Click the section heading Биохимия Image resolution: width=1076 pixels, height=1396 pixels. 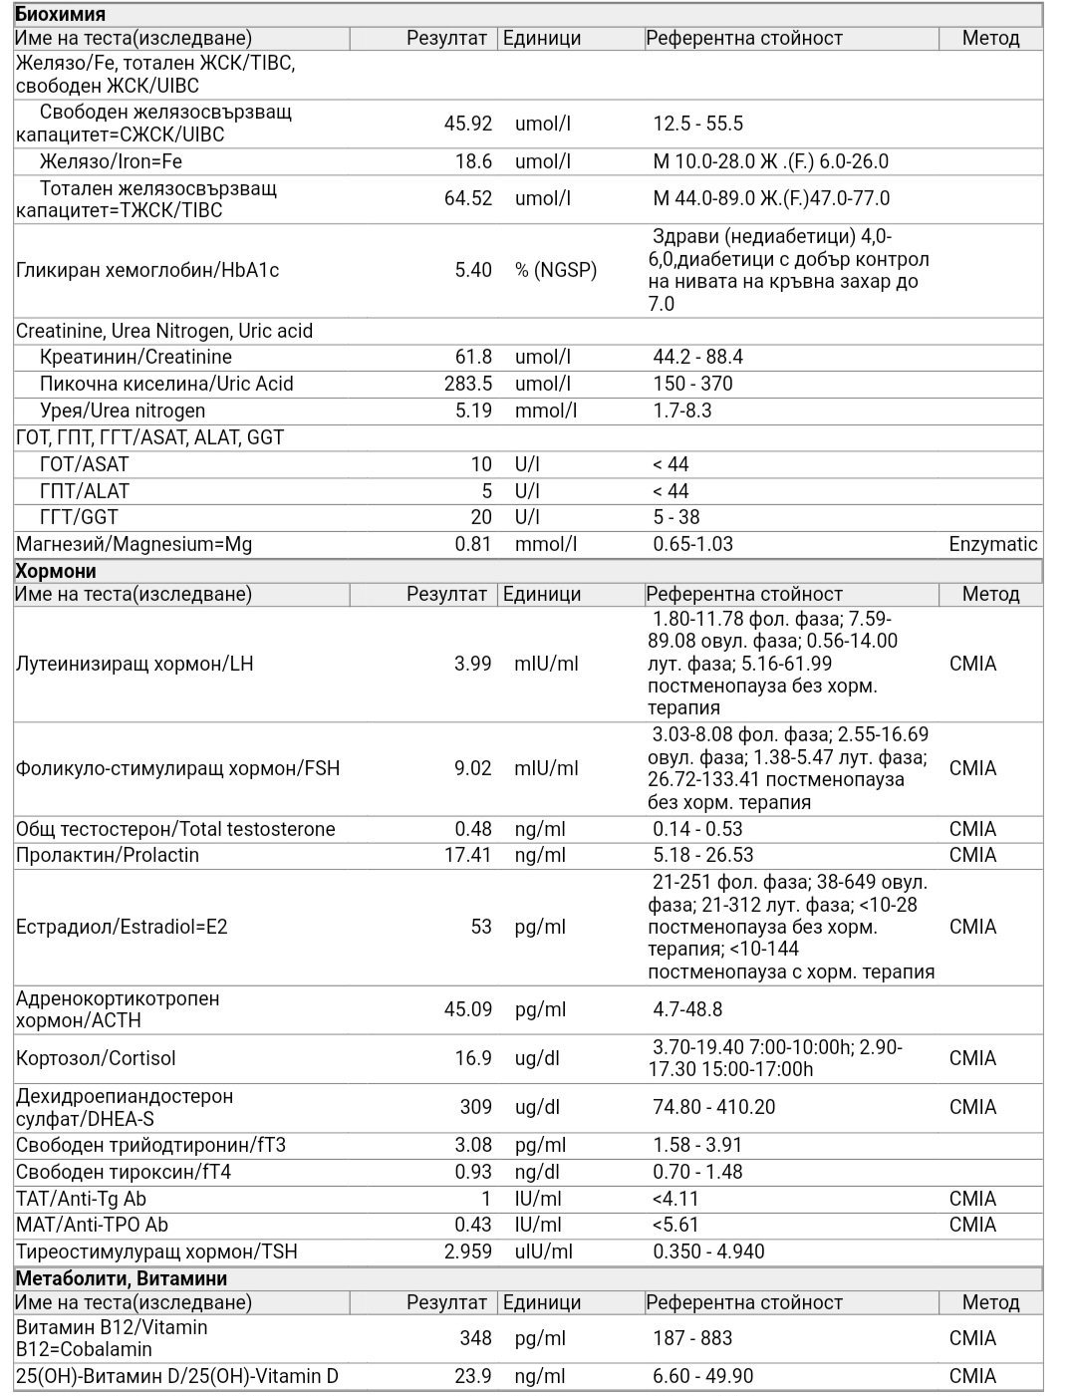coord(60,14)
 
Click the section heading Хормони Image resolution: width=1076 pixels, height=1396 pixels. coord(56,571)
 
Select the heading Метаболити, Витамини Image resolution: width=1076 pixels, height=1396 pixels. coord(122,1278)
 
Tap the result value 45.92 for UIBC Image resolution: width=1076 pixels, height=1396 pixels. coord(467,124)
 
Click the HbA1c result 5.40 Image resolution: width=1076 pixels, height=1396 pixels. coord(473,270)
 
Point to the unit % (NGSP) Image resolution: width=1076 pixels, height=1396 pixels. coord(556,270)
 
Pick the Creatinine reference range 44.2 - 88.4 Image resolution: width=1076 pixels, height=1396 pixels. coord(698,357)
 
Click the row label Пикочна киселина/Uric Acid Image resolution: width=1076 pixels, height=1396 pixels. coord(166,384)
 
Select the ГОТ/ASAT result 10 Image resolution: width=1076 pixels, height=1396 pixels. coord(481,464)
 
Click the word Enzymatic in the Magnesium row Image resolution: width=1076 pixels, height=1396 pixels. coord(993,544)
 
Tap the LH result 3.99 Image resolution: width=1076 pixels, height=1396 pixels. coord(473,664)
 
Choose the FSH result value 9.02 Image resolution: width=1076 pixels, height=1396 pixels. coord(473,768)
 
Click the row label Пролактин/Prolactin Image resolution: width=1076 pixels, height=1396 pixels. coord(108,855)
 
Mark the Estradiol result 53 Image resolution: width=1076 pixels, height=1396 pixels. coord(481,927)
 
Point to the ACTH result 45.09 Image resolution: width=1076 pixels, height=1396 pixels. coord(467,1009)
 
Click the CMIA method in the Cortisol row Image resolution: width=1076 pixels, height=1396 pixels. coord(972,1058)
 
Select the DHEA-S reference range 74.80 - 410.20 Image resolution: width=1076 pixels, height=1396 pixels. coord(714,1107)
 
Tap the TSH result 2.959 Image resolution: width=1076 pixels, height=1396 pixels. coord(467,1252)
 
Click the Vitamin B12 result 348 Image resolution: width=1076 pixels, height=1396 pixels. coord(475,1338)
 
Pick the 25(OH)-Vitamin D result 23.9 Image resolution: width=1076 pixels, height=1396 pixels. coord(473,1376)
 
